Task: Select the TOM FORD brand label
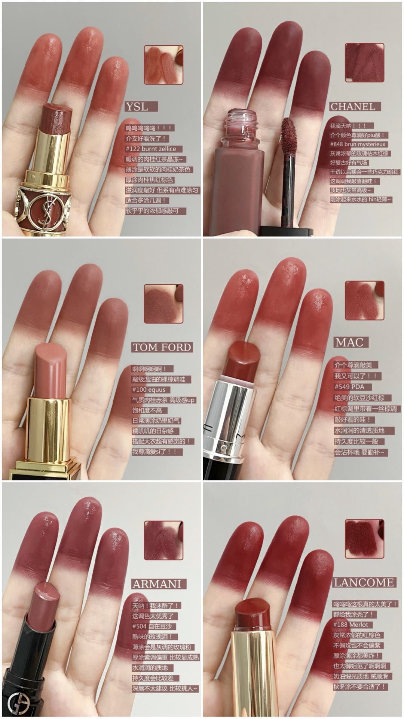tap(162, 347)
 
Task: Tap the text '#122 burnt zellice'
tap(151, 149)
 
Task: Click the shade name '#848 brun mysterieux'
tap(357, 144)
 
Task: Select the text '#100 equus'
tap(149, 390)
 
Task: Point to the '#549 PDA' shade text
tap(349, 387)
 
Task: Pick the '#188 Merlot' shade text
tap(351, 625)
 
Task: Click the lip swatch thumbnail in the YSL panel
tap(163, 65)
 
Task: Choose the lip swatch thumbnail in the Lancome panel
tap(365, 539)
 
